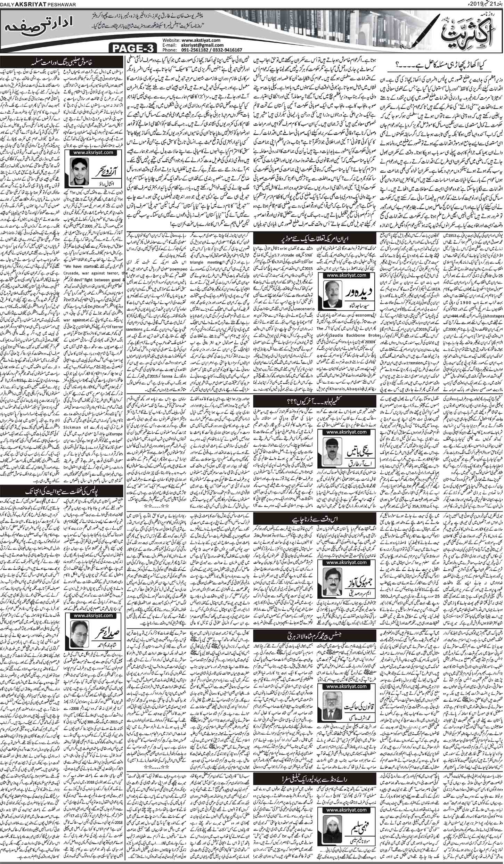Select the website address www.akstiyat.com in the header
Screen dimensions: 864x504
201,41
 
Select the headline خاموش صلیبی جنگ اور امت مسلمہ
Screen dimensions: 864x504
64,63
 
